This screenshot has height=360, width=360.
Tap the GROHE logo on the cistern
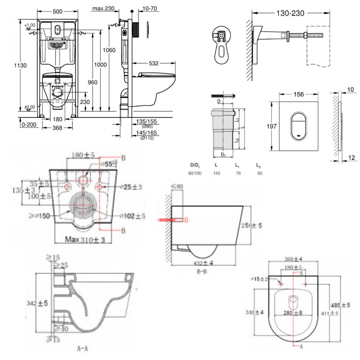point(57,45)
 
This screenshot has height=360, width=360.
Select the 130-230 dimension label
point(290,14)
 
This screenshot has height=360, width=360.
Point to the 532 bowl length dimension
point(154,64)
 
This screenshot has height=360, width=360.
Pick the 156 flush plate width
point(298,94)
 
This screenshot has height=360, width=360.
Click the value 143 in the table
point(217,173)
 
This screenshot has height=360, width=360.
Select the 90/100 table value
point(195,173)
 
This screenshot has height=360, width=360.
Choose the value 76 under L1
point(238,173)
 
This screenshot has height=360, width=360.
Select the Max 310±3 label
point(86,239)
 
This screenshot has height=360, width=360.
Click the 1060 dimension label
point(108,50)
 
